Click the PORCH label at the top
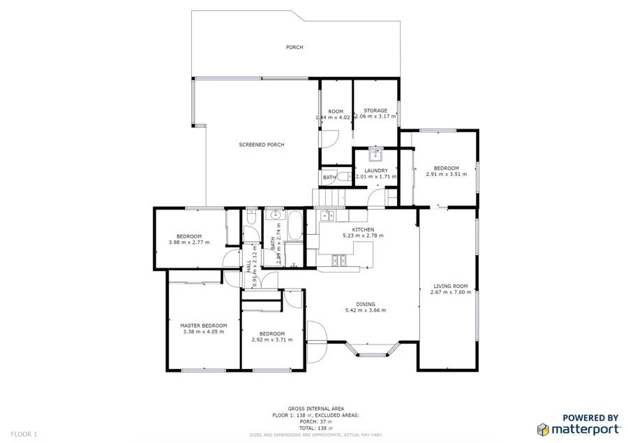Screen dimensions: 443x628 [x=294, y=48]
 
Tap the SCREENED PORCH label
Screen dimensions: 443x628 [x=262, y=145]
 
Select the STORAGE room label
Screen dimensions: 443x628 [x=375, y=110]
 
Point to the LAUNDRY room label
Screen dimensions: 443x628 [x=375, y=170]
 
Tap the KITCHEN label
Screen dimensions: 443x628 [x=363, y=229]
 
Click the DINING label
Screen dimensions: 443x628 [x=366, y=304]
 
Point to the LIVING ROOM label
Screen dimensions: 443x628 [x=450, y=286]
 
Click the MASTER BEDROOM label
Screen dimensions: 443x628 [x=203, y=326]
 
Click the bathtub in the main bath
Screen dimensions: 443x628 [x=294, y=226]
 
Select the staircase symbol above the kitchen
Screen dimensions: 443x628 [x=329, y=198]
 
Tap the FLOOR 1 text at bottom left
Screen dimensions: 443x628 [x=24, y=434]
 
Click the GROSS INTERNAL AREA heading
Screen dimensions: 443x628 [x=315, y=409]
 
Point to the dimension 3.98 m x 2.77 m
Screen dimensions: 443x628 [x=189, y=242]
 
